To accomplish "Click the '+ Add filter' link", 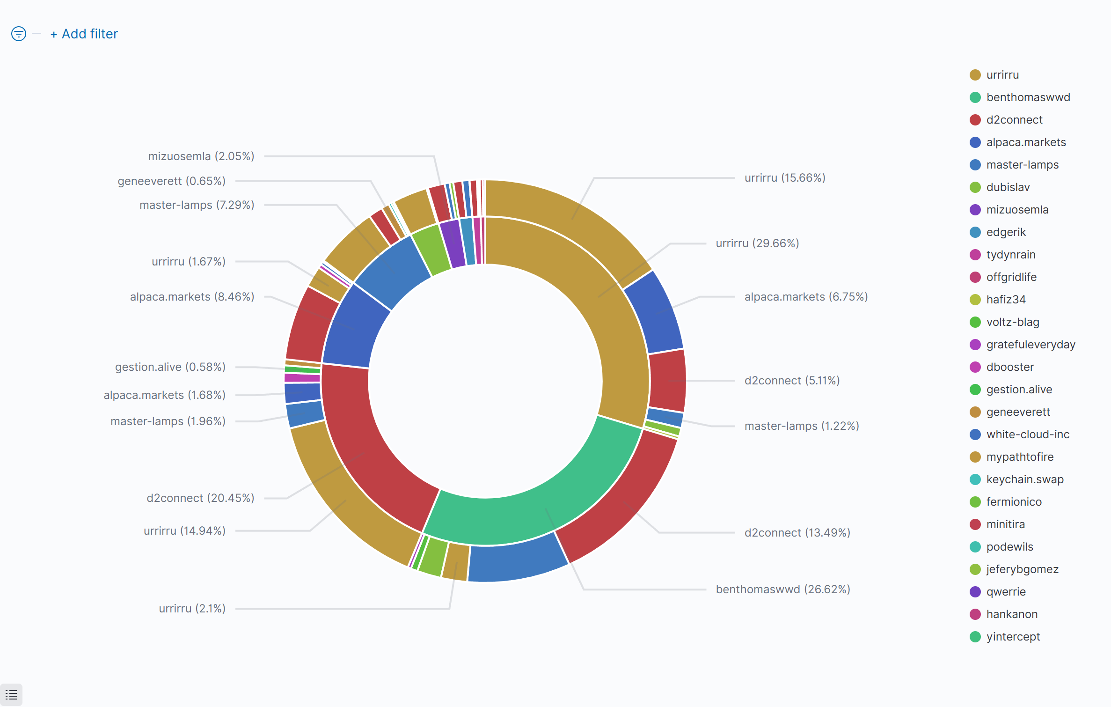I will pos(84,34).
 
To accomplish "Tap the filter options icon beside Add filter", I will pos(19,34).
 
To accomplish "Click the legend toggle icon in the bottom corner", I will pos(11,695).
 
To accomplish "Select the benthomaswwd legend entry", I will pos(1028,97).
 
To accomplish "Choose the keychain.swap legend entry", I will pos(1024,479).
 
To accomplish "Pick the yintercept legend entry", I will pos(1013,637).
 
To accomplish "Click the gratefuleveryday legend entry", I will pos(1031,345).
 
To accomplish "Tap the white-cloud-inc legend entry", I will pos(1028,435).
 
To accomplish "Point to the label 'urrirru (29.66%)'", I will pos(757,243).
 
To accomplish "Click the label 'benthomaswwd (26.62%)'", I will pos(783,589).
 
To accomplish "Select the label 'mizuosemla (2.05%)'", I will pos(201,156).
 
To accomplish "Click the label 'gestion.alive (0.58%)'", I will pos(170,367).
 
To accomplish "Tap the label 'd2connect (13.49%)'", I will pos(797,533).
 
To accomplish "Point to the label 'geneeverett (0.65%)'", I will pos(171,181).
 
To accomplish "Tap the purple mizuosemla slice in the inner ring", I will pos(452,243).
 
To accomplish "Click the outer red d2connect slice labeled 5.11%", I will pos(668,380).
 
